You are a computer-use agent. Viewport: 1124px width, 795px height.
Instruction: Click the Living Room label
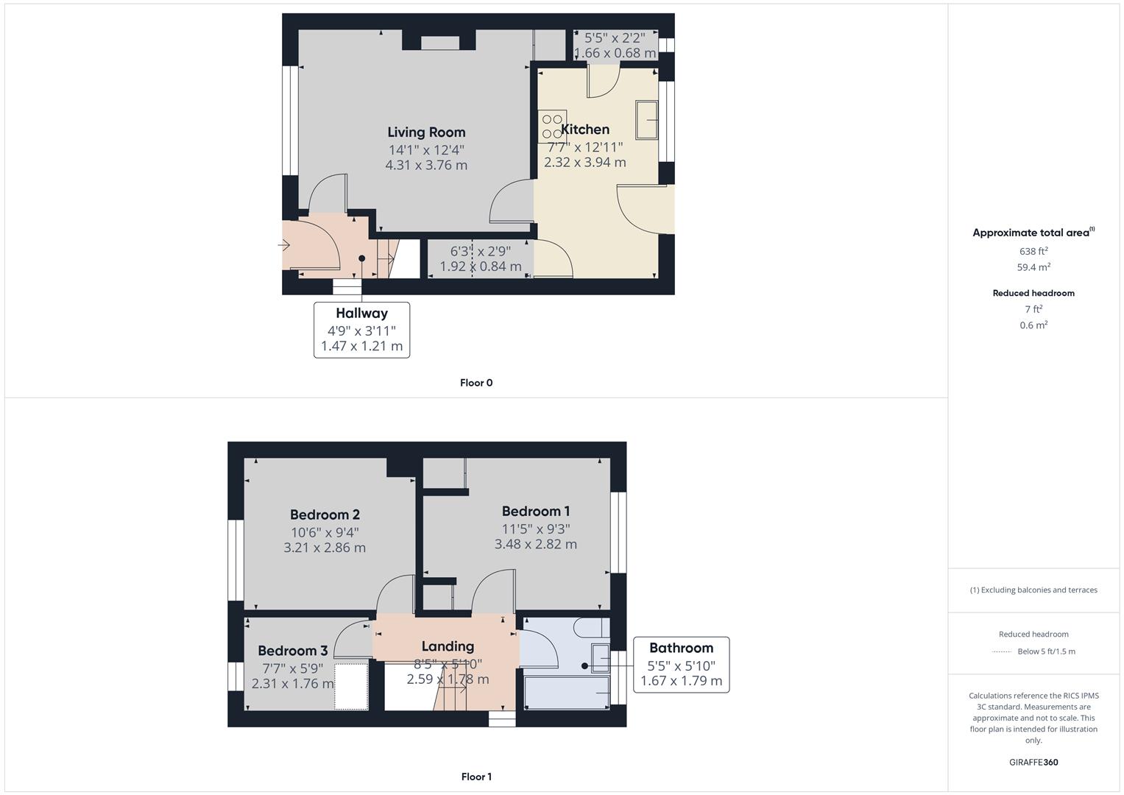click(426, 132)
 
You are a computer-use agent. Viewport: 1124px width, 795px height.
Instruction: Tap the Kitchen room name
click(585, 130)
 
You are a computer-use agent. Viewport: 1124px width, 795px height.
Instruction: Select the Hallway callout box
click(361, 330)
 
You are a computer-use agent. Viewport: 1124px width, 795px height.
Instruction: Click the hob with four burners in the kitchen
click(552, 126)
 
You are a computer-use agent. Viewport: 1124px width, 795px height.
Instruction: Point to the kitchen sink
click(646, 119)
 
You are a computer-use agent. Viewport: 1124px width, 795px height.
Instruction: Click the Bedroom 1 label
click(535, 511)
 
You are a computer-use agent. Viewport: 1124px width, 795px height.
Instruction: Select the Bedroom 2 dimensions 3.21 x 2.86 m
click(325, 548)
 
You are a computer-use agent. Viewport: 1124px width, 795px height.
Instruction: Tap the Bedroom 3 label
click(292, 651)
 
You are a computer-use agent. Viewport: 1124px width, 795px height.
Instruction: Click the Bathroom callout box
click(681, 665)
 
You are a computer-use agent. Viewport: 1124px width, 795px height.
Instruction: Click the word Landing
click(448, 646)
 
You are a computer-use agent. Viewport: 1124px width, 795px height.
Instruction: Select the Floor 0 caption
click(476, 383)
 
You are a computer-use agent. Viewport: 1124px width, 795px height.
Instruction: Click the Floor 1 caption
click(476, 777)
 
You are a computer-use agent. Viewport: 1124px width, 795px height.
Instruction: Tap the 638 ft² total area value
click(1033, 251)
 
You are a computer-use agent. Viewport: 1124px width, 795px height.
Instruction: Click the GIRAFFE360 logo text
click(1033, 762)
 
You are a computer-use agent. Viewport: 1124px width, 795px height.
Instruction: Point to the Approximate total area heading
click(1033, 233)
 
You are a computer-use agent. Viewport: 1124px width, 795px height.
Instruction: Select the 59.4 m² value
click(1033, 267)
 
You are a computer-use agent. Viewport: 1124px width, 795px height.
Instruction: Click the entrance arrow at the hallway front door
click(283, 246)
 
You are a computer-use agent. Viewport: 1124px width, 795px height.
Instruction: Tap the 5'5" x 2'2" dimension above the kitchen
click(615, 38)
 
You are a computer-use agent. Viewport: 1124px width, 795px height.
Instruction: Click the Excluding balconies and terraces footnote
click(1033, 590)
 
